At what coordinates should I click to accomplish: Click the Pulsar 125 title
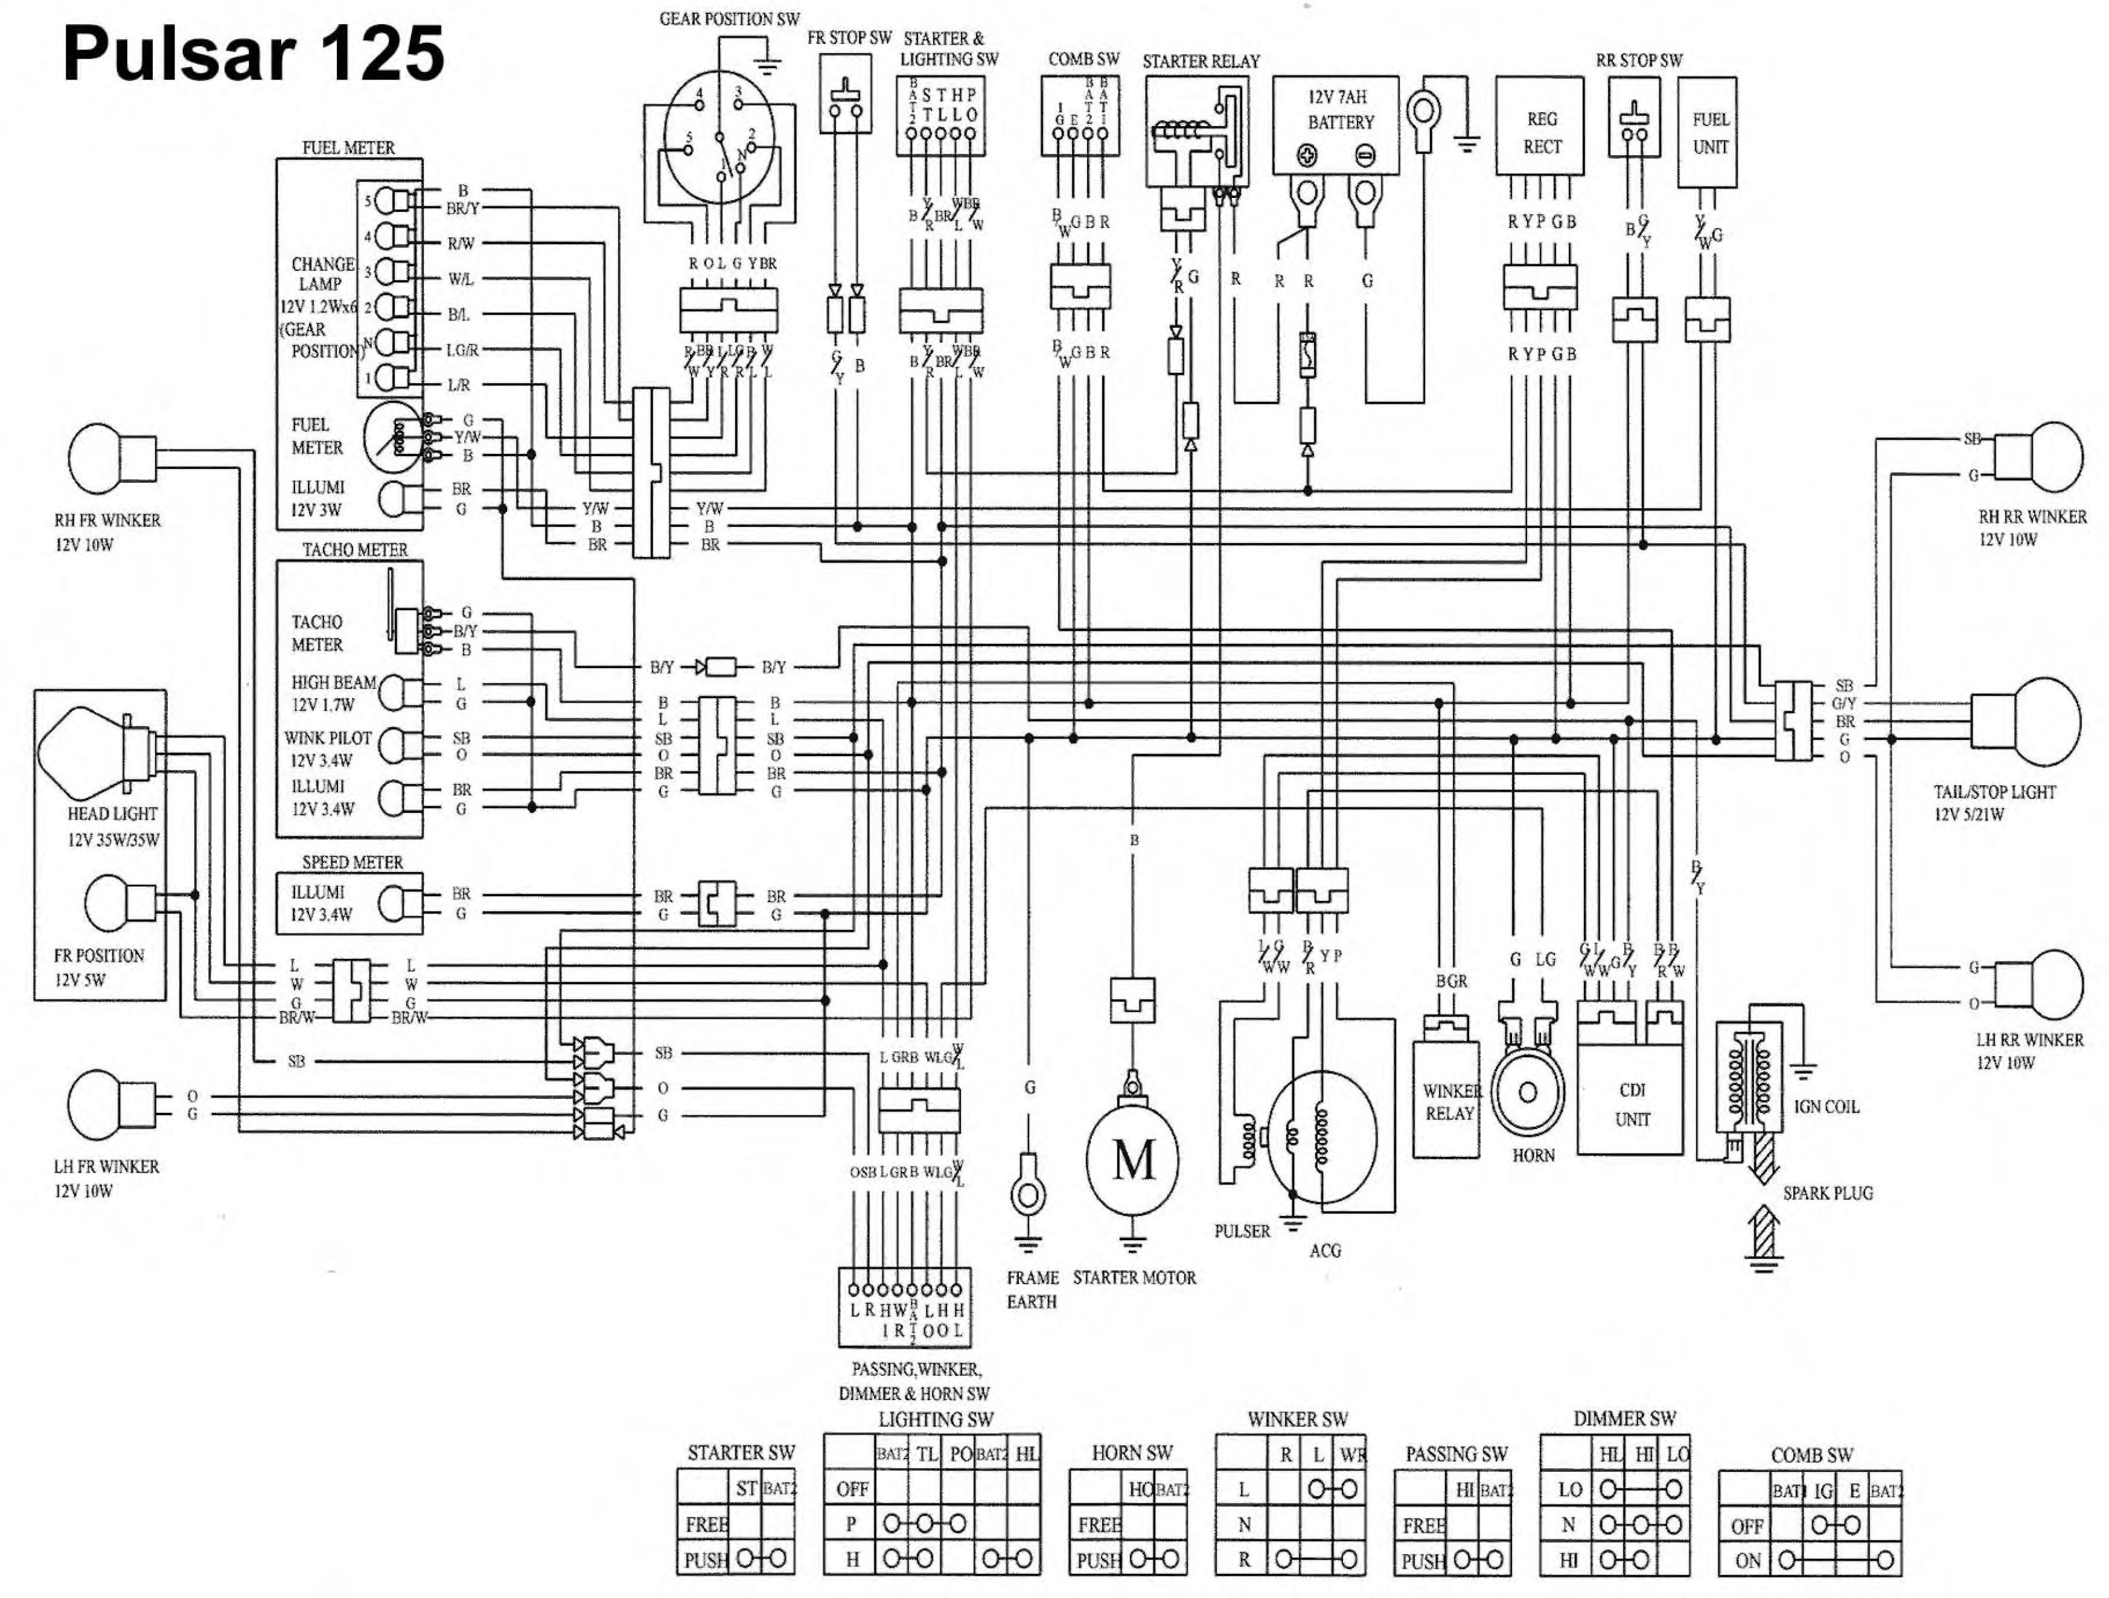pos(254,53)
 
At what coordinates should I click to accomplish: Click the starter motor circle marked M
pos(1133,1160)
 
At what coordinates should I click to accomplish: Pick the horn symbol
pos(1527,1093)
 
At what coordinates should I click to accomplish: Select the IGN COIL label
pos(1825,1107)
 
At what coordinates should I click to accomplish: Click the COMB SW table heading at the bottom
pos(1811,1455)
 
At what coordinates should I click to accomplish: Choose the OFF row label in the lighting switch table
pos(852,1488)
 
